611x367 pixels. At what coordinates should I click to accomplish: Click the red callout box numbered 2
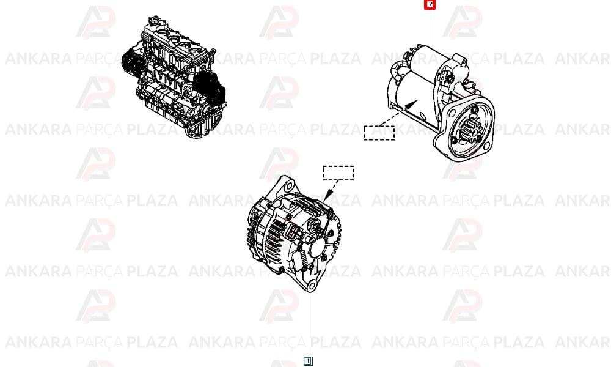430,5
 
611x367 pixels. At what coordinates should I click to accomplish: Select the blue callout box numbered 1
308,361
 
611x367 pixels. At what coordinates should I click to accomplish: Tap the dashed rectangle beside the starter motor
379,133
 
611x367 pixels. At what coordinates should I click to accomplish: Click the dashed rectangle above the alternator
338,172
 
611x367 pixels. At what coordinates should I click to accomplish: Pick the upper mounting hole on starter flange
452,114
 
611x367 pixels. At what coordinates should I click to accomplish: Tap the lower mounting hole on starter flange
486,146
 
